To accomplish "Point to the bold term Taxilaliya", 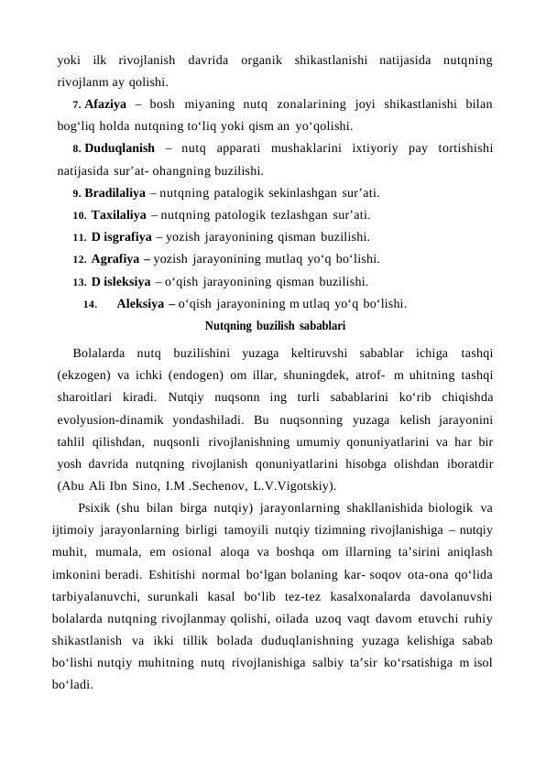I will click(x=119, y=215).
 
